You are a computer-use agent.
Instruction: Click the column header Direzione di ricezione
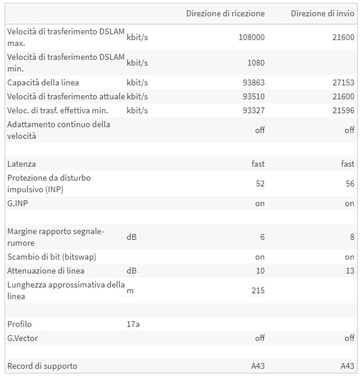225,13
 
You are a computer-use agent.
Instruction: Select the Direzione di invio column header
322,13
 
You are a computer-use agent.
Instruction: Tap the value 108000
251,37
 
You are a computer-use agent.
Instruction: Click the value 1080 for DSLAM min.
255,63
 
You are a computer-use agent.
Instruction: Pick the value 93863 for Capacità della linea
253,82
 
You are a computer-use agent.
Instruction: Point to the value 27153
343,82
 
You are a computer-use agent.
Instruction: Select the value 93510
253,96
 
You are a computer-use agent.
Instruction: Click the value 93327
253,110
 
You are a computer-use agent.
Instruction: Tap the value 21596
343,110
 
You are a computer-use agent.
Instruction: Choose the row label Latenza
21,164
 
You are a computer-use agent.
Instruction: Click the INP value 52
260,184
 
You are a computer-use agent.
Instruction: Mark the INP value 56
349,184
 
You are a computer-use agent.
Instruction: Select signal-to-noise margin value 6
262,237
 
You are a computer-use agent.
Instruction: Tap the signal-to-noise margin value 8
351,237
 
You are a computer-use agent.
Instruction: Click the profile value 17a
133,324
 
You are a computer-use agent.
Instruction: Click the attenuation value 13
349,271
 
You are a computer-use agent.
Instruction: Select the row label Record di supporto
42,366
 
